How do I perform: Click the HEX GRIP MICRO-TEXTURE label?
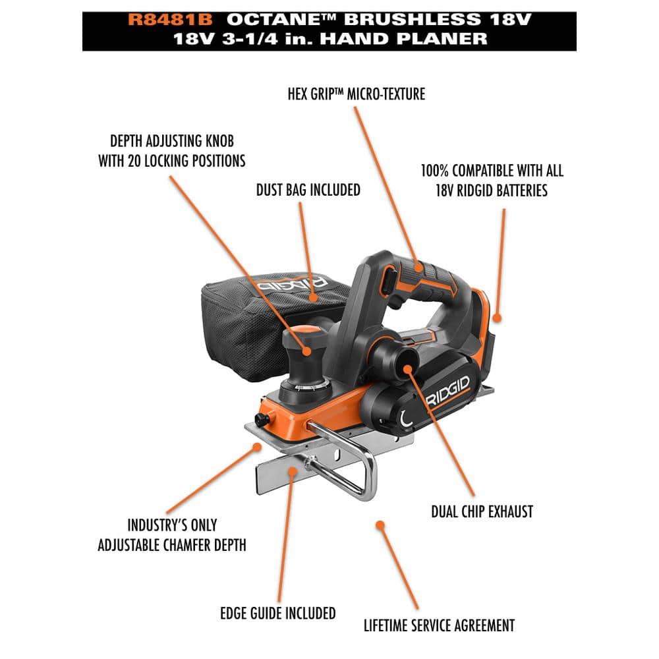point(356,94)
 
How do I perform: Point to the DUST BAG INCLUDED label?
point(308,190)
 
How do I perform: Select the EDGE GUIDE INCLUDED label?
point(277,613)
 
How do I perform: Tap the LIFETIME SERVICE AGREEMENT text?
point(439,625)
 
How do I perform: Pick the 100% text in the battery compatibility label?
point(436,171)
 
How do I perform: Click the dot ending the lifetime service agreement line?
point(380,524)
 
